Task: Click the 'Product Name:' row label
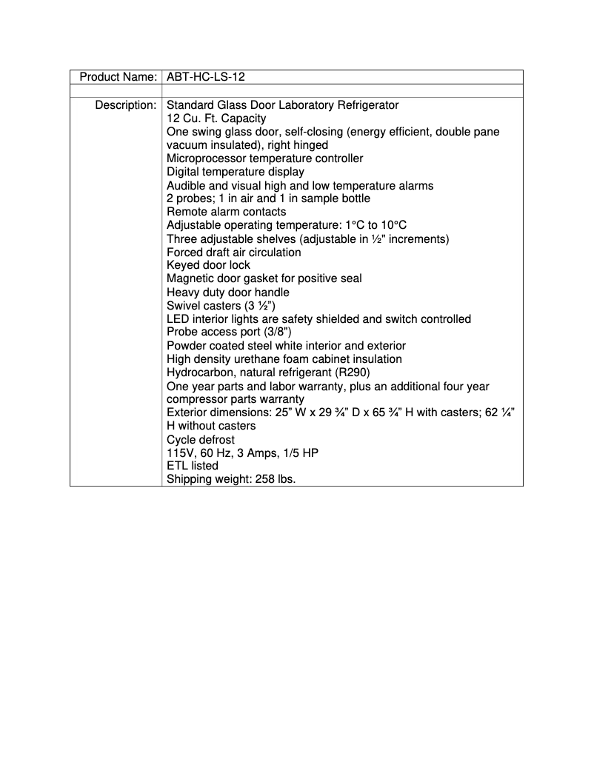pos(118,77)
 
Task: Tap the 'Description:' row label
pos(125,105)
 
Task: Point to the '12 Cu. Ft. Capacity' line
pos(216,118)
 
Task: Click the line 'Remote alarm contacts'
pos(226,212)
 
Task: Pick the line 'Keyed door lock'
pos(208,265)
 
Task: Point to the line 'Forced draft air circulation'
pos(233,252)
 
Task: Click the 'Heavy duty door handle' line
pos(227,293)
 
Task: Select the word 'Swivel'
pos(183,306)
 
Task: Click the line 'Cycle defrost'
pos(201,439)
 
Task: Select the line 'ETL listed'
pos(193,466)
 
